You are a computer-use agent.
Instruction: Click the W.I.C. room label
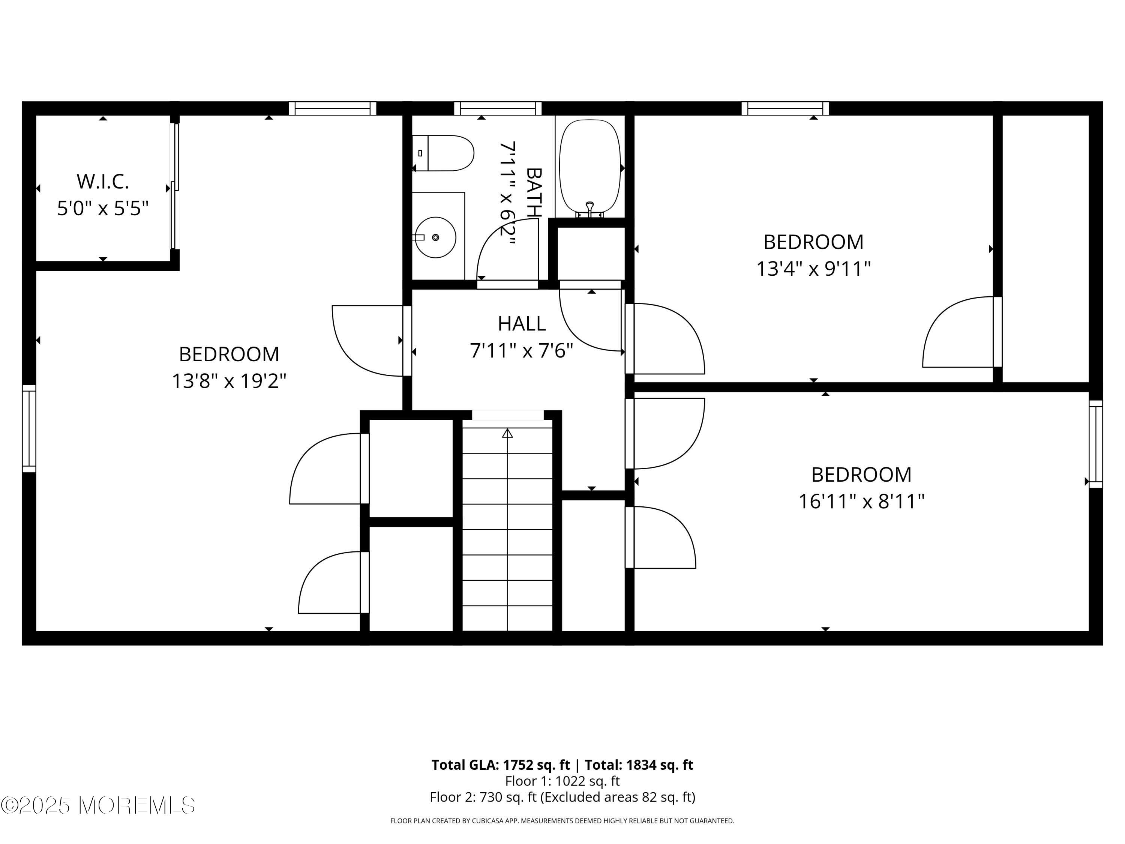click(x=103, y=182)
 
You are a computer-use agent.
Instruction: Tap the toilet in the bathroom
click(x=444, y=153)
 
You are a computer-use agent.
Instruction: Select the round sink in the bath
click(x=435, y=237)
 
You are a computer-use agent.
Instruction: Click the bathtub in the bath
click(x=589, y=165)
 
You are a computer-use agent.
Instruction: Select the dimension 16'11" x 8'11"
click(x=861, y=502)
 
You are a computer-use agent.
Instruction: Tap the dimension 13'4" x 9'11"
click(x=813, y=269)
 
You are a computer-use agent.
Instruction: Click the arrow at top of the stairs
click(x=507, y=434)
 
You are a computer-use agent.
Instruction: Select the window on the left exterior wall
click(x=29, y=428)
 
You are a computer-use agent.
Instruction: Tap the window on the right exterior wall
click(x=1095, y=444)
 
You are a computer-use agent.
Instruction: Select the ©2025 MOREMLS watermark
click(x=97, y=805)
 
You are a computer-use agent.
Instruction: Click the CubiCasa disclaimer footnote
click(x=562, y=821)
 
